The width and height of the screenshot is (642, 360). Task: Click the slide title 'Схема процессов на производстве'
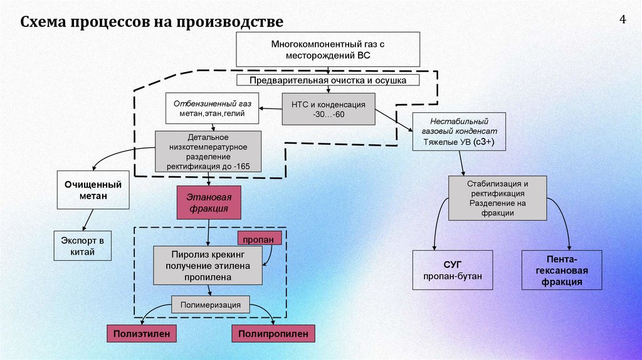[x=152, y=23]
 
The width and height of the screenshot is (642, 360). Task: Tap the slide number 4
[x=623, y=19]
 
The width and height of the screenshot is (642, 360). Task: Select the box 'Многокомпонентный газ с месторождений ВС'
[x=328, y=49]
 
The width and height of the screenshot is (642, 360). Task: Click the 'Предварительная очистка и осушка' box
[x=328, y=80]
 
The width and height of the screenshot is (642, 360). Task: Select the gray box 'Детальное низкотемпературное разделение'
[x=208, y=151]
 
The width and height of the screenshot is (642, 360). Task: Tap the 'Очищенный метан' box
[x=93, y=190]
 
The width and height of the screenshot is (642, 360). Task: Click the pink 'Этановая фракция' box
[x=209, y=203]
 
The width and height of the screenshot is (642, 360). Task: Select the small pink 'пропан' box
[x=255, y=239]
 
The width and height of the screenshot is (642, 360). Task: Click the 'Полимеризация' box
[x=211, y=305]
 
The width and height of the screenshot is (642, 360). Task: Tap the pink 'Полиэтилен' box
[x=141, y=334]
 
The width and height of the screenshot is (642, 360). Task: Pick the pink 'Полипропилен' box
[x=273, y=334]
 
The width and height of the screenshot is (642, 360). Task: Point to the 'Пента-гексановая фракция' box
[x=561, y=270]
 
